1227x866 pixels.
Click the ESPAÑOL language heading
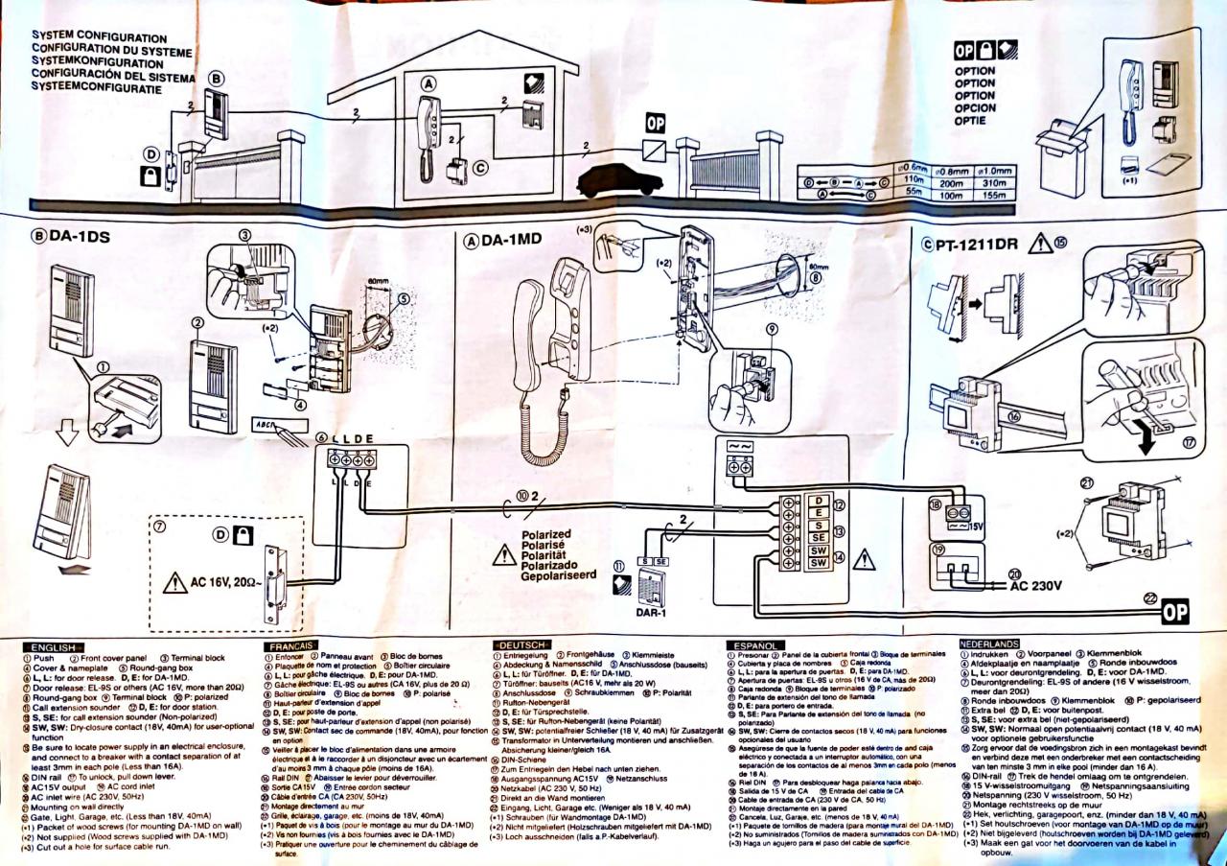pos(757,645)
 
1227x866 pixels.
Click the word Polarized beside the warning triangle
pos(546,534)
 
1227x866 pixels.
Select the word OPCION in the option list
pos(974,108)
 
